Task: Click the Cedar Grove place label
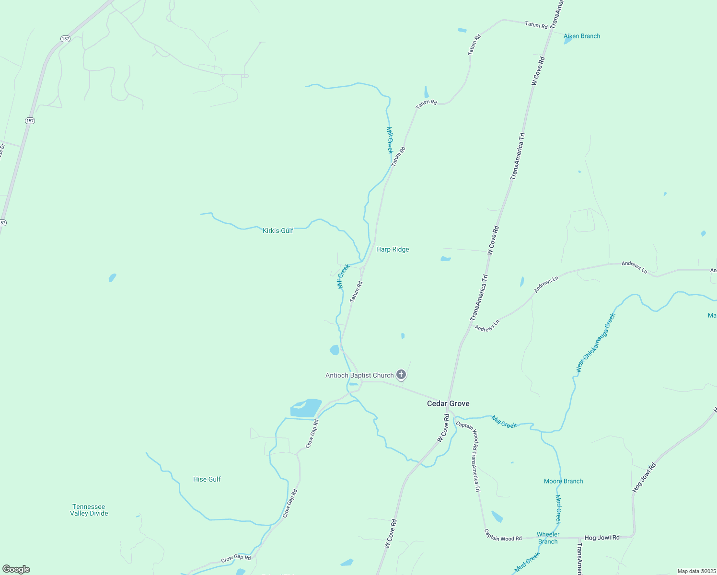click(448, 403)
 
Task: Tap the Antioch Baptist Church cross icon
click(401, 375)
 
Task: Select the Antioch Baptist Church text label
click(359, 375)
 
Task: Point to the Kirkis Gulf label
click(278, 230)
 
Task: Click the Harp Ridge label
click(393, 249)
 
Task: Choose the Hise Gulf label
click(207, 479)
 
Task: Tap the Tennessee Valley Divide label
click(89, 510)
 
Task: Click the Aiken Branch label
click(582, 36)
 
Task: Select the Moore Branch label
click(564, 481)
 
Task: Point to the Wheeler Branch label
click(548, 538)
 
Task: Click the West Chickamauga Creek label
click(595, 343)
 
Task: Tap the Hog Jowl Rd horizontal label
click(602, 538)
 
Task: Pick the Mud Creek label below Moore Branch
click(558, 509)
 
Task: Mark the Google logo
click(16, 569)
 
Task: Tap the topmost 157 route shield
click(65, 38)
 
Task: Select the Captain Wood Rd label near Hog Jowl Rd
click(503, 535)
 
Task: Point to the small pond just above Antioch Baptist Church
click(335, 350)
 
